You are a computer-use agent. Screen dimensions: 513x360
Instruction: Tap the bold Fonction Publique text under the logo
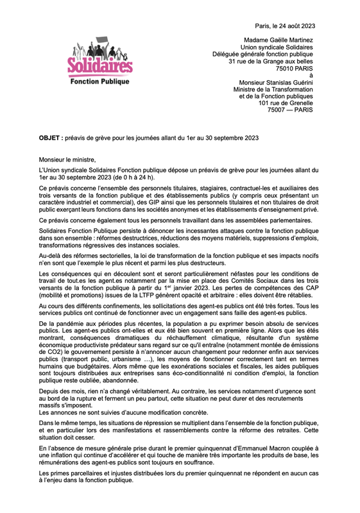coord(99,82)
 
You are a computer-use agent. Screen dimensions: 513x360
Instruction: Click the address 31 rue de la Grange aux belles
coord(271,61)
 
